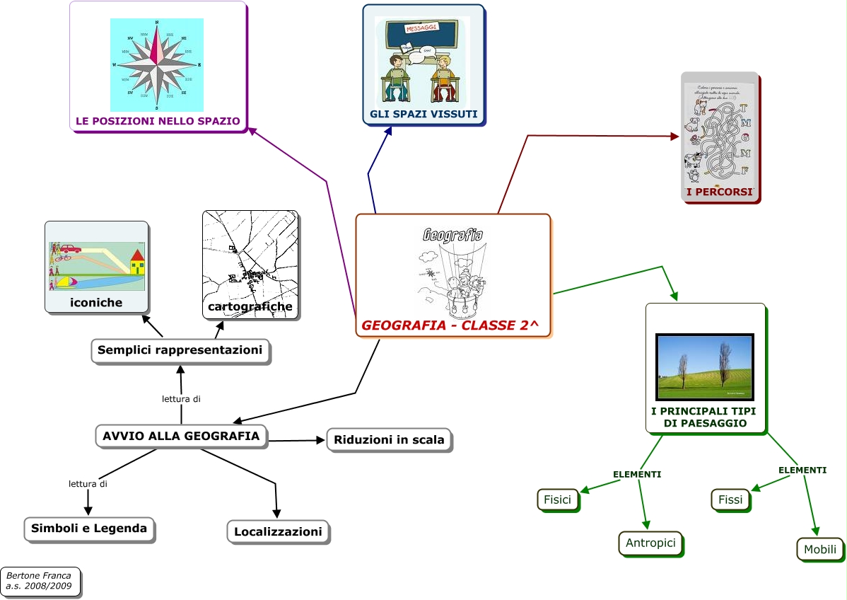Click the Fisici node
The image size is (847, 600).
557,500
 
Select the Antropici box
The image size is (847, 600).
650,543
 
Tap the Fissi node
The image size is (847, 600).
730,500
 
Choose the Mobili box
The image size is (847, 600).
820,549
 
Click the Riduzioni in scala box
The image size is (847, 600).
389,439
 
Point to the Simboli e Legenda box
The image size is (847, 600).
89,528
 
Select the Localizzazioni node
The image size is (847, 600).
278,531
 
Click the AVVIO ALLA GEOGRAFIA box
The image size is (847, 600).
181,436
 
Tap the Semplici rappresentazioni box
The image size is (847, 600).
180,350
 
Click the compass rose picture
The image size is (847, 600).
157,64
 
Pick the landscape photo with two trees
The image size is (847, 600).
705,367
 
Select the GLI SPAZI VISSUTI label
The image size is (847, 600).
423,114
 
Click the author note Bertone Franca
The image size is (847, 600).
40,581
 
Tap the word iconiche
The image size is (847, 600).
96,302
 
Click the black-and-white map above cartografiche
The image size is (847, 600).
250,256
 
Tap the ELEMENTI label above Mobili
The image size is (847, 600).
802,470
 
